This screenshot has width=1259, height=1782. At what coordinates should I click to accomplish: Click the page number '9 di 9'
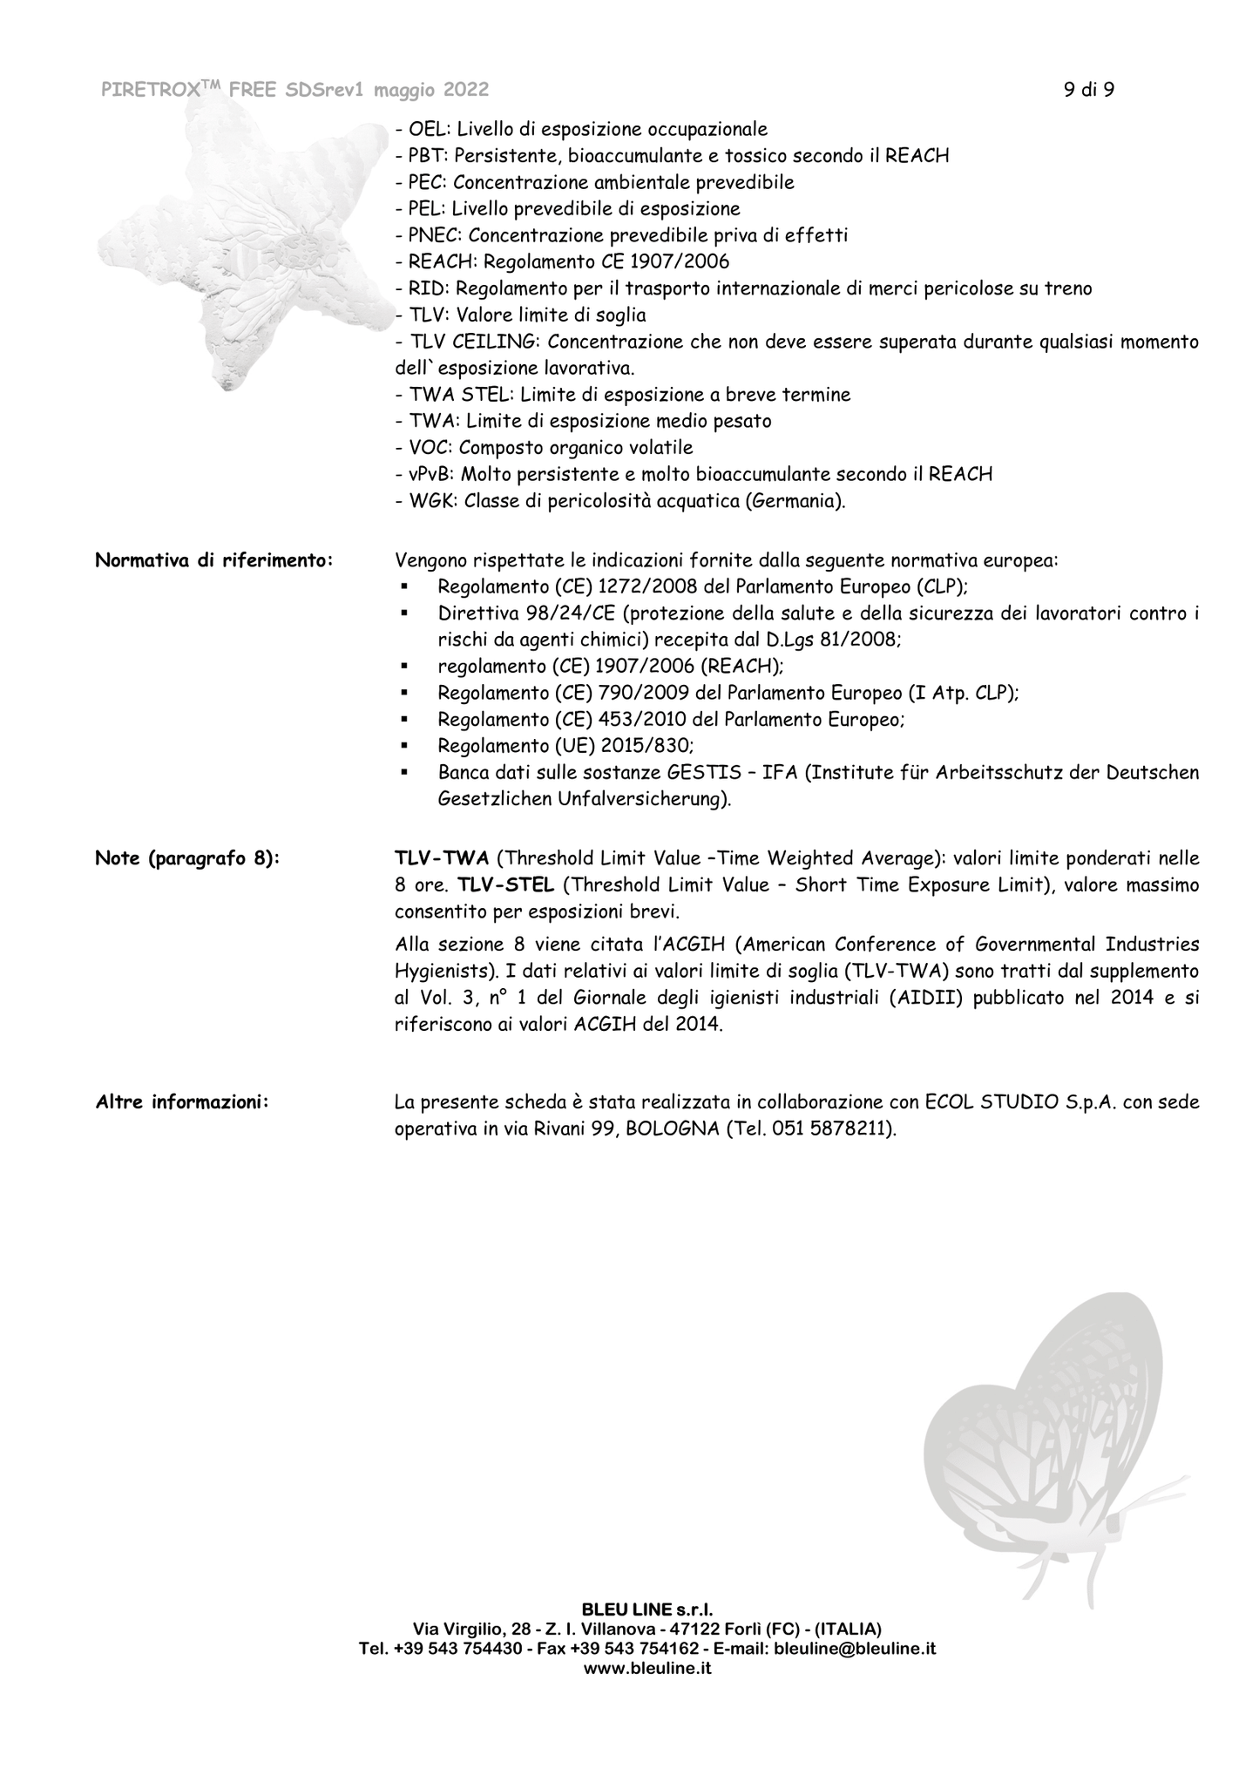tap(1088, 90)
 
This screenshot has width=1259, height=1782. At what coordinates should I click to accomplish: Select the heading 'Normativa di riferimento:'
tap(213, 560)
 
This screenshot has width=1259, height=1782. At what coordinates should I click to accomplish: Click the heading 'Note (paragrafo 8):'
tap(187, 859)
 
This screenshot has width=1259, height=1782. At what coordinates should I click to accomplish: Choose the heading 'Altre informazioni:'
tap(182, 1102)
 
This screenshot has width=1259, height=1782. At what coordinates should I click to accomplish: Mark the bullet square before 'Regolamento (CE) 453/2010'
tap(404, 720)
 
